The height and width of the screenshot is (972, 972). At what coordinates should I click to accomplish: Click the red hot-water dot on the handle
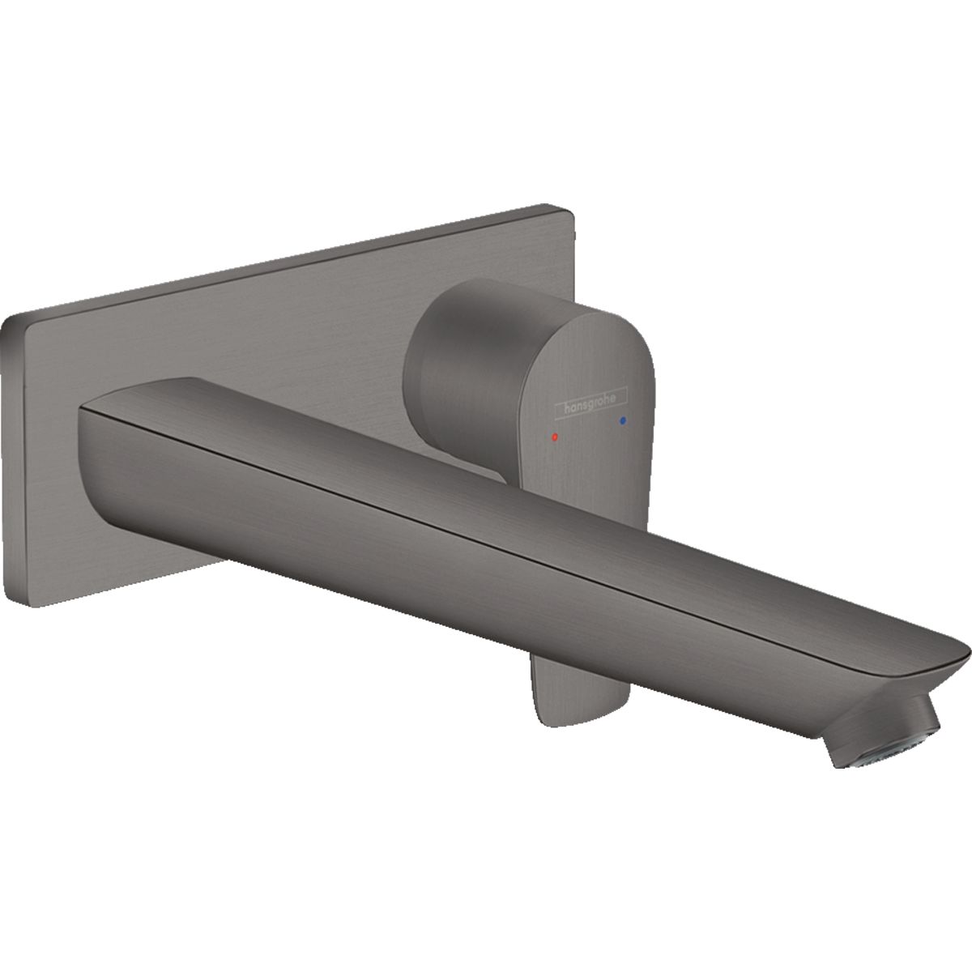pyautogui.click(x=555, y=437)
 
